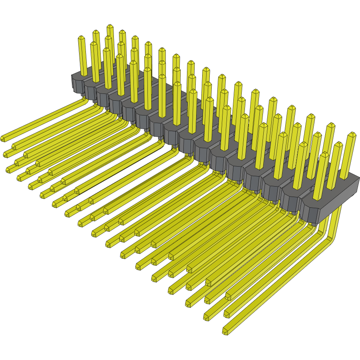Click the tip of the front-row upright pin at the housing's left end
(81, 38)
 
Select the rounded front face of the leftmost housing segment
(77, 83)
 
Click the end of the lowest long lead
(225, 331)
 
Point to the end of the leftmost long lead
(3, 138)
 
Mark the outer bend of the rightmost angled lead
(333, 236)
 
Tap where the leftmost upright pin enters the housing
(84, 75)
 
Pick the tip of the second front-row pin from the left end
(94, 44)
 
